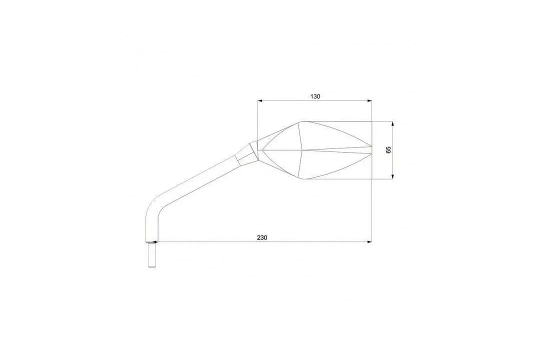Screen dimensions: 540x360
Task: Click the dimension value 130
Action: [x=315, y=96]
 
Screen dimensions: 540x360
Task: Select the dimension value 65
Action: [x=389, y=150]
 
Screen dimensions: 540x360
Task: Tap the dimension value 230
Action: [x=262, y=237]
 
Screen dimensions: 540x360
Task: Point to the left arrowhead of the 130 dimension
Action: [x=260, y=100]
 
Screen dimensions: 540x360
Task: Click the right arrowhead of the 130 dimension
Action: [x=369, y=100]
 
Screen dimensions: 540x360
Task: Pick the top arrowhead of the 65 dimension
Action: [x=392, y=124]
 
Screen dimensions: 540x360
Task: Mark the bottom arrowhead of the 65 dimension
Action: [x=392, y=176]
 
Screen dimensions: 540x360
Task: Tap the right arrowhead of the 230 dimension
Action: [x=369, y=242]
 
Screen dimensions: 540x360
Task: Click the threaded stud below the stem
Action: [x=151, y=255]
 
